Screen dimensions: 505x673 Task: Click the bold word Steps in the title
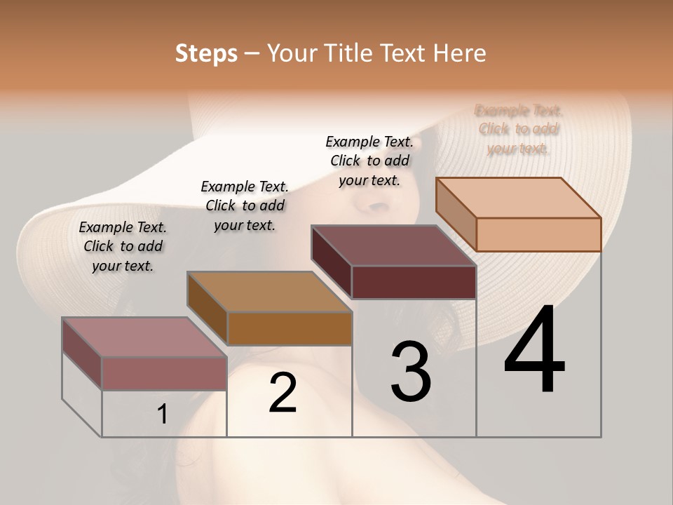click(x=206, y=53)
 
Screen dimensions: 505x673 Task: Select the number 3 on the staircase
click(x=411, y=372)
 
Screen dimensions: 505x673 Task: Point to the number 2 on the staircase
click(x=283, y=393)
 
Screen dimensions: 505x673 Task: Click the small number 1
click(x=163, y=415)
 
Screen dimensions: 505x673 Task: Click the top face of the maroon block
click(x=393, y=245)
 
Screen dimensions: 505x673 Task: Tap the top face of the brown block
click(x=269, y=292)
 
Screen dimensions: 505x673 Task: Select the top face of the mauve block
click(x=144, y=337)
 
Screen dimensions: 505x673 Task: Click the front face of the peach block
click(x=538, y=234)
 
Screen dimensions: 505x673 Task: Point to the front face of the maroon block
click(x=414, y=282)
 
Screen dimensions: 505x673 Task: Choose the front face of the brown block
click(x=290, y=328)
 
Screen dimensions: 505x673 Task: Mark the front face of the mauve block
click(x=164, y=373)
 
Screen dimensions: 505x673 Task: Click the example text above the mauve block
click(x=123, y=246)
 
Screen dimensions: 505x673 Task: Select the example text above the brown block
click(x=245, y=206)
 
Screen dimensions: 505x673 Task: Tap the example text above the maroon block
click(x=369, y=161)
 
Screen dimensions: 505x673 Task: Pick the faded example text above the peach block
click(x=519, y=129)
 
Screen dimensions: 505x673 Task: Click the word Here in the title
click(x=461, y=53)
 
